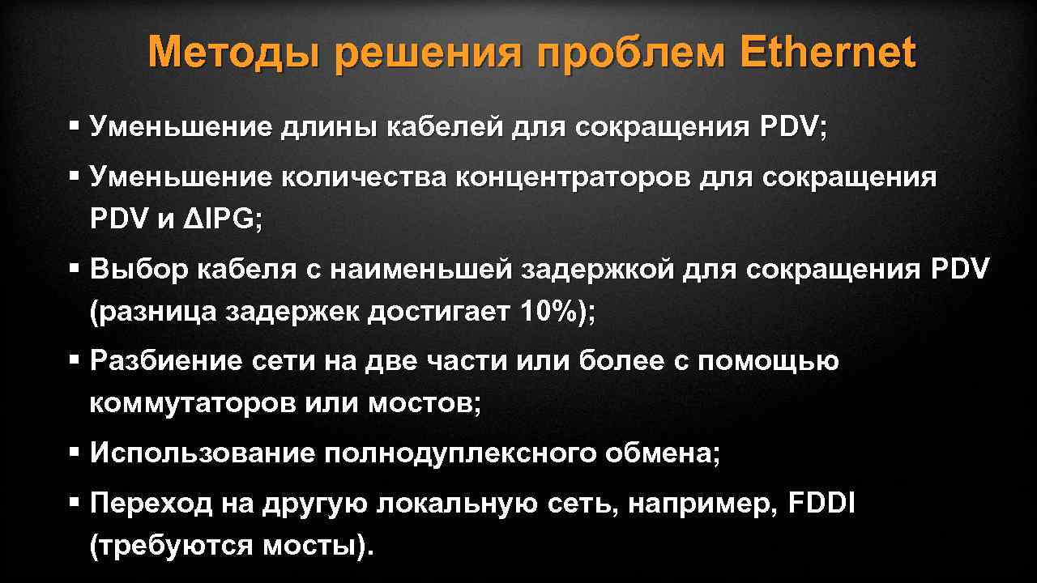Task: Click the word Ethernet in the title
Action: click(827, 53)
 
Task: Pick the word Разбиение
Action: click(166, 361)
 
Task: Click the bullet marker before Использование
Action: click(74, 451)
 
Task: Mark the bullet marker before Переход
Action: click(74, 501)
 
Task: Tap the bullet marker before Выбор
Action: click(74, 267)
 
